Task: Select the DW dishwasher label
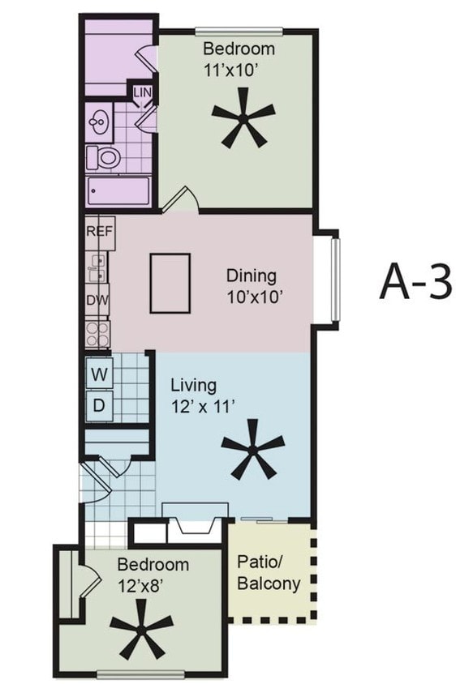tap(97, 298)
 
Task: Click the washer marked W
tap(99, 374)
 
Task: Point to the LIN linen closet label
tap(143, 93)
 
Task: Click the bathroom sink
tap(100, 123)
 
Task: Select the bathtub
tap(118, 193)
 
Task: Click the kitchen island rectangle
tap(170, 282)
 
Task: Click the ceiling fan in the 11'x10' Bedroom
tap(243, 121)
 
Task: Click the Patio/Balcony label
tap(268, 572)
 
